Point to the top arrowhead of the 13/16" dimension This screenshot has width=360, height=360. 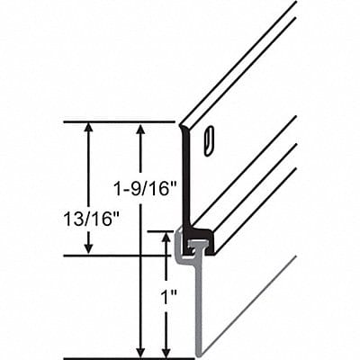coord(87,128)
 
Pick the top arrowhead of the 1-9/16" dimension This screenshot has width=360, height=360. coord(139,128)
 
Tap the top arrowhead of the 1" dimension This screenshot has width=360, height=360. coord(166,237)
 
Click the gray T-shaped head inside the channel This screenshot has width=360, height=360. coord(193,244)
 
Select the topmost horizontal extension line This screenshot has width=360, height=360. coord(117,121)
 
